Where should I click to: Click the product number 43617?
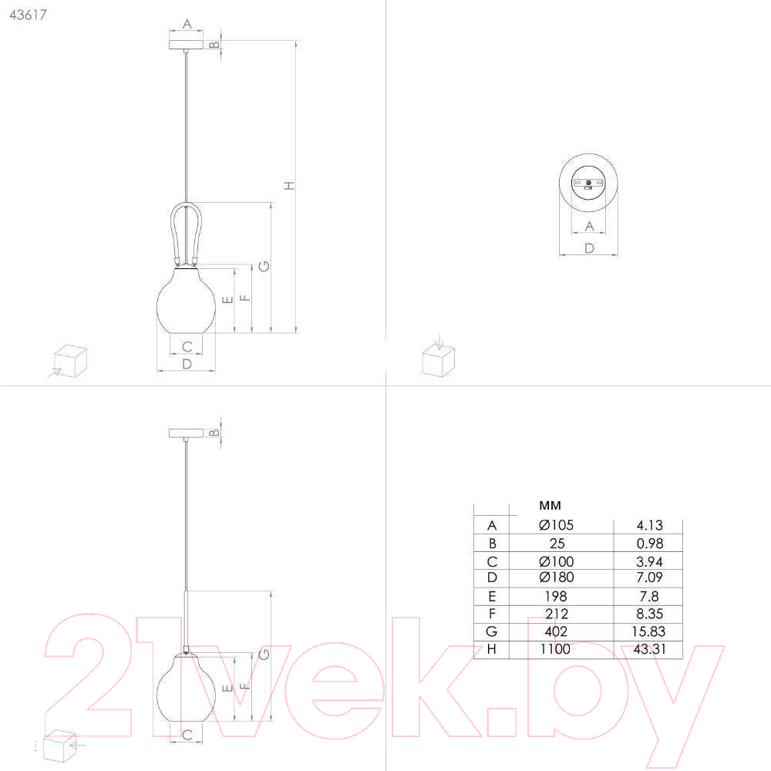(28, 15)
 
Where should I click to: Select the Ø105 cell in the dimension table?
(556, 525)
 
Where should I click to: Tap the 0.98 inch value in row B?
(649, 544)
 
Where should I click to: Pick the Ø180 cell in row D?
(556, 577)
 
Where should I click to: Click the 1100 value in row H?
(555, 649)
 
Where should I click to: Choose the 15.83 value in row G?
(648, 631)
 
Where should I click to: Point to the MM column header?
(550, 506)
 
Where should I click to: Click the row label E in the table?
(492, 597)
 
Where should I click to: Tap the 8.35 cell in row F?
(649, 614)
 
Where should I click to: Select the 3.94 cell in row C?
(649, 561)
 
